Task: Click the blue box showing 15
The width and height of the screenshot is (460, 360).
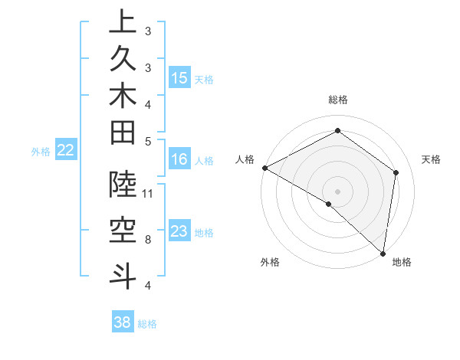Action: (179, 78)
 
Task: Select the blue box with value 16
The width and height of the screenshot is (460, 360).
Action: (179, 160)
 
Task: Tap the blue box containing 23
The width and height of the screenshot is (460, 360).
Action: (179, 232)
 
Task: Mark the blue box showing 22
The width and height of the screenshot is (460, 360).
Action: (66, 151)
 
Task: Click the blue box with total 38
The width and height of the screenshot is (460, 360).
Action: (123, 323)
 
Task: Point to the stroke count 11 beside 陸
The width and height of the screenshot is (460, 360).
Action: (148, 193)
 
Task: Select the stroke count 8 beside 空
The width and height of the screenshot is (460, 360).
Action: (148, 240)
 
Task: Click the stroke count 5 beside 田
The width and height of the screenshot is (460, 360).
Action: (148, 140)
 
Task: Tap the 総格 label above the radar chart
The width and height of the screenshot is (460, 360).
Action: (337, 100)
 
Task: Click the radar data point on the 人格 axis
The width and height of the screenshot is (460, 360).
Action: (264, 168)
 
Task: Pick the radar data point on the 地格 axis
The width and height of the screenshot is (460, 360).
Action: (383, 253)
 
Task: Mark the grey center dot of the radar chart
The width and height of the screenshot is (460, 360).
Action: (337, 191)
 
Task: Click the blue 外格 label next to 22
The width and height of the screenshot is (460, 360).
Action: (41, 152)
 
